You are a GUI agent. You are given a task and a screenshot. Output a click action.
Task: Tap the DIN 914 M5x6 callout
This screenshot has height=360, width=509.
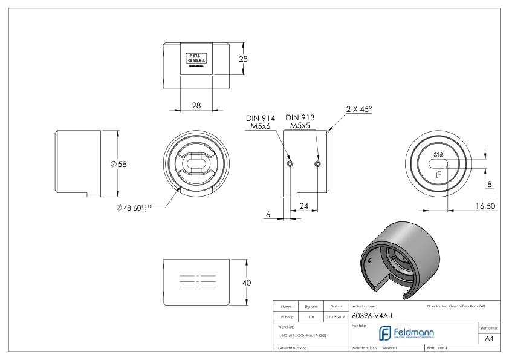pyautogui.click(x=261, y=122)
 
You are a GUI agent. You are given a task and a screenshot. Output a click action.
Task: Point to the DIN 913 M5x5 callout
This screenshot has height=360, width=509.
pyautogui.click(x=300, y=122)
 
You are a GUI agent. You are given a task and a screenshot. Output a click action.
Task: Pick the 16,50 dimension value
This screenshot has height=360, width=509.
pyautogui.click(x=485, y=206)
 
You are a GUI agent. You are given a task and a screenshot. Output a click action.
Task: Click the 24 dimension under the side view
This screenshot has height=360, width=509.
pyautogui.click(x=305, y=206)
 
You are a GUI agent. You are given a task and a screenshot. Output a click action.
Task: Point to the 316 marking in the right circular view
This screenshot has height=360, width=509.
pyautogui.click(x=438, y=155)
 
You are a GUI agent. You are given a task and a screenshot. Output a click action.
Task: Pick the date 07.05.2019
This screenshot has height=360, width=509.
pyautogui.click(x=335, y=315)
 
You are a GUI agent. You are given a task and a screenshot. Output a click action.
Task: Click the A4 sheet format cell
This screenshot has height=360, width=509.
pyautogui.click(x=490, y=340)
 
